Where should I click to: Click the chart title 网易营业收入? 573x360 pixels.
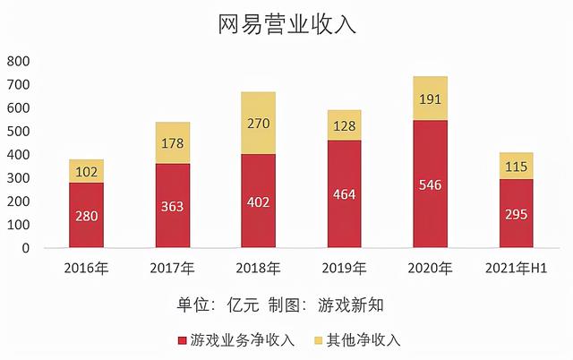(x=286, y=24)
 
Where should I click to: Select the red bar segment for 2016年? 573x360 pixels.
(x=87, y=216)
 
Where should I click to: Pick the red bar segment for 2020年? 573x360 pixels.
(x=430, y=184)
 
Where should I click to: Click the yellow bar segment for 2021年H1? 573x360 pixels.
(x=517, y=166)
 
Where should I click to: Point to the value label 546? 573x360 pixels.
(x=430, y=184)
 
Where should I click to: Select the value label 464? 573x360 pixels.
(x=344, y=193)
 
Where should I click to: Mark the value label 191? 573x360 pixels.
(x=430, y=99)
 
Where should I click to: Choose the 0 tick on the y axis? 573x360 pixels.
(x=26, y=248)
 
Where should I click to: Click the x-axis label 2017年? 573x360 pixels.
(x=173, y=268)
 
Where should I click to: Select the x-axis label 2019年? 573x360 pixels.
(x=345, y=268)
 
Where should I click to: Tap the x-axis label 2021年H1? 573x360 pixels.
(x=517, y=268)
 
